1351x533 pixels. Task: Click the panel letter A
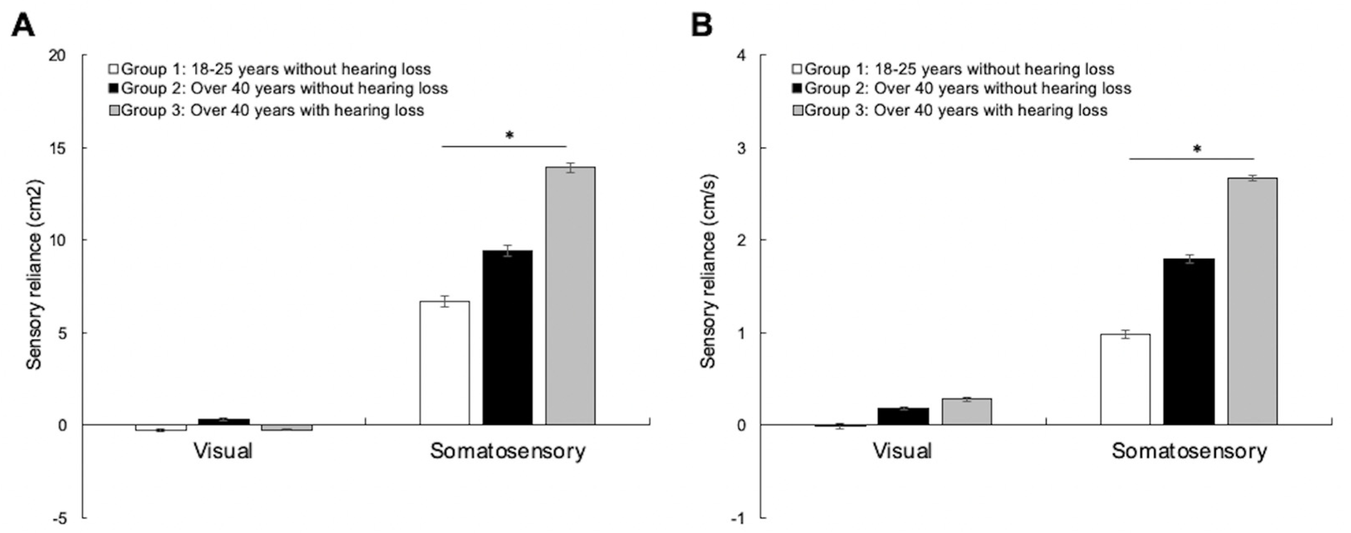23,24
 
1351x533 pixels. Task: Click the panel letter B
702,24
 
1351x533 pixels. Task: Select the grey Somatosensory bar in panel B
1253,301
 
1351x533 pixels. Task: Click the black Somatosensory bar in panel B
1189,341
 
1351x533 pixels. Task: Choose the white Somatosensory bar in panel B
1126,379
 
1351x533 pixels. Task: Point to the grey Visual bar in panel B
967,412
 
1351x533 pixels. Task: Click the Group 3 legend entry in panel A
267,111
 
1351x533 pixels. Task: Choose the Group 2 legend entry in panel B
961,88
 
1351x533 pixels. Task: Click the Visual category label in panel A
223,451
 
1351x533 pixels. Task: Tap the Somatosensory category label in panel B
1189,451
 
